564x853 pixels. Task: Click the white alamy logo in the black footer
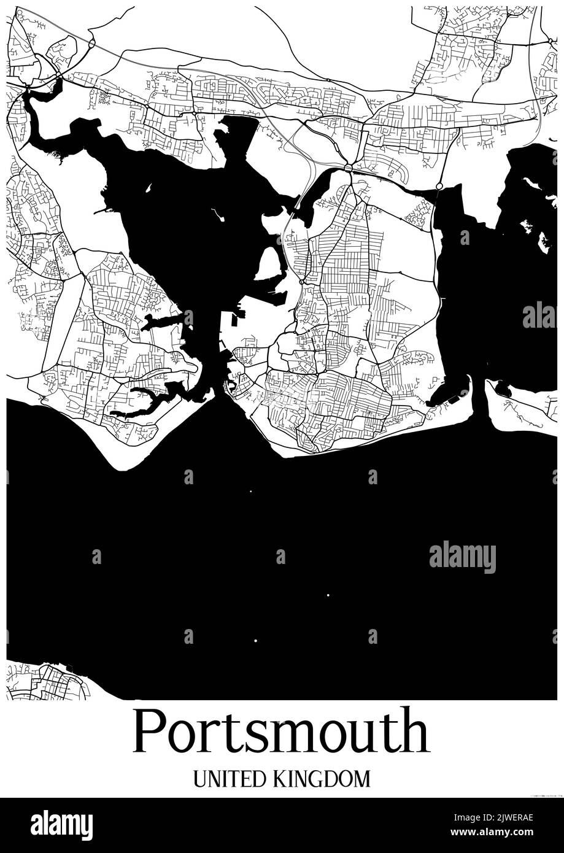click(x=61, y=825)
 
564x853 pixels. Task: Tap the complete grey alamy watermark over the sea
click(x=462, y=558)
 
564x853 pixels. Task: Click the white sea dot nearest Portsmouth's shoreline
click(x=250, y=491)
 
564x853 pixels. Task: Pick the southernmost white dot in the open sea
click(x=255, y=641)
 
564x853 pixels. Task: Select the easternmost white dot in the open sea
click(x=328, y=595)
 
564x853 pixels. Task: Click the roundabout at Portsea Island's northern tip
click(x=348, y=168)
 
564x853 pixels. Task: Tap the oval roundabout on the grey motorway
click(x=91, y=44)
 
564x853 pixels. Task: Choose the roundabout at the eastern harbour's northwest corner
click(x=439, y=186)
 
